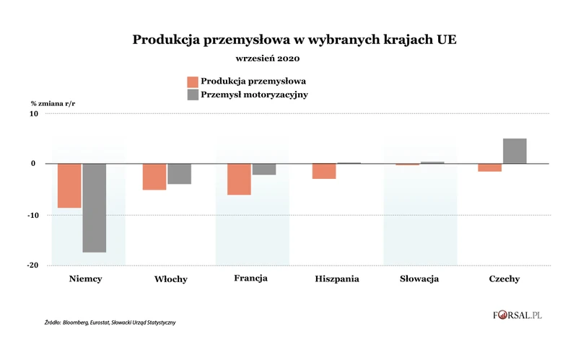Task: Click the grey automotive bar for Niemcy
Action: pos(94,208)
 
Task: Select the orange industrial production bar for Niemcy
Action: pos(69,185)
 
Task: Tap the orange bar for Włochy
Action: pos(154,177)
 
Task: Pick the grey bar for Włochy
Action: pos(179,174)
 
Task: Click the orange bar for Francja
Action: pos(239,179)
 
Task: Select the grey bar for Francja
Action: pos(263,170)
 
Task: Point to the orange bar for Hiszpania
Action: pos(324,171)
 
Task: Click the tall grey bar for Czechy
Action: pos(515,151)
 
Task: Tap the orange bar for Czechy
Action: pos(491,167)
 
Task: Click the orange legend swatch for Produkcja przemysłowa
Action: pos(193,80)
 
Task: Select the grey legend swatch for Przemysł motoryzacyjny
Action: pos(193,95)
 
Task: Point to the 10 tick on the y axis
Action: pos(32,113)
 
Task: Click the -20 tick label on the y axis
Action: pos(32,265)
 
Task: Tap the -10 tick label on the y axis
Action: pos(32,215)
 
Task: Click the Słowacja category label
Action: pos(419,278)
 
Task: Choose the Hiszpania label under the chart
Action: pos(337,278)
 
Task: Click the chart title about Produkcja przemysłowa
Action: pos(294,40)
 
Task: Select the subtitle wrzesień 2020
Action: pos(268,58)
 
